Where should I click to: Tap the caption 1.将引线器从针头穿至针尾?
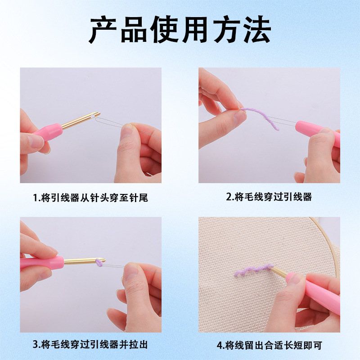point(90,198)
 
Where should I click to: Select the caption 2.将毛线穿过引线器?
point(269,197)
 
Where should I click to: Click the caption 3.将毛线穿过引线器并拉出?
point(90,345)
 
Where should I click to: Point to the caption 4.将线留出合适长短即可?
point(269,346)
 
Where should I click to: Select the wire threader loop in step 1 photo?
point(117,122)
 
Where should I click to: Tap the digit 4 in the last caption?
point(219,346)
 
